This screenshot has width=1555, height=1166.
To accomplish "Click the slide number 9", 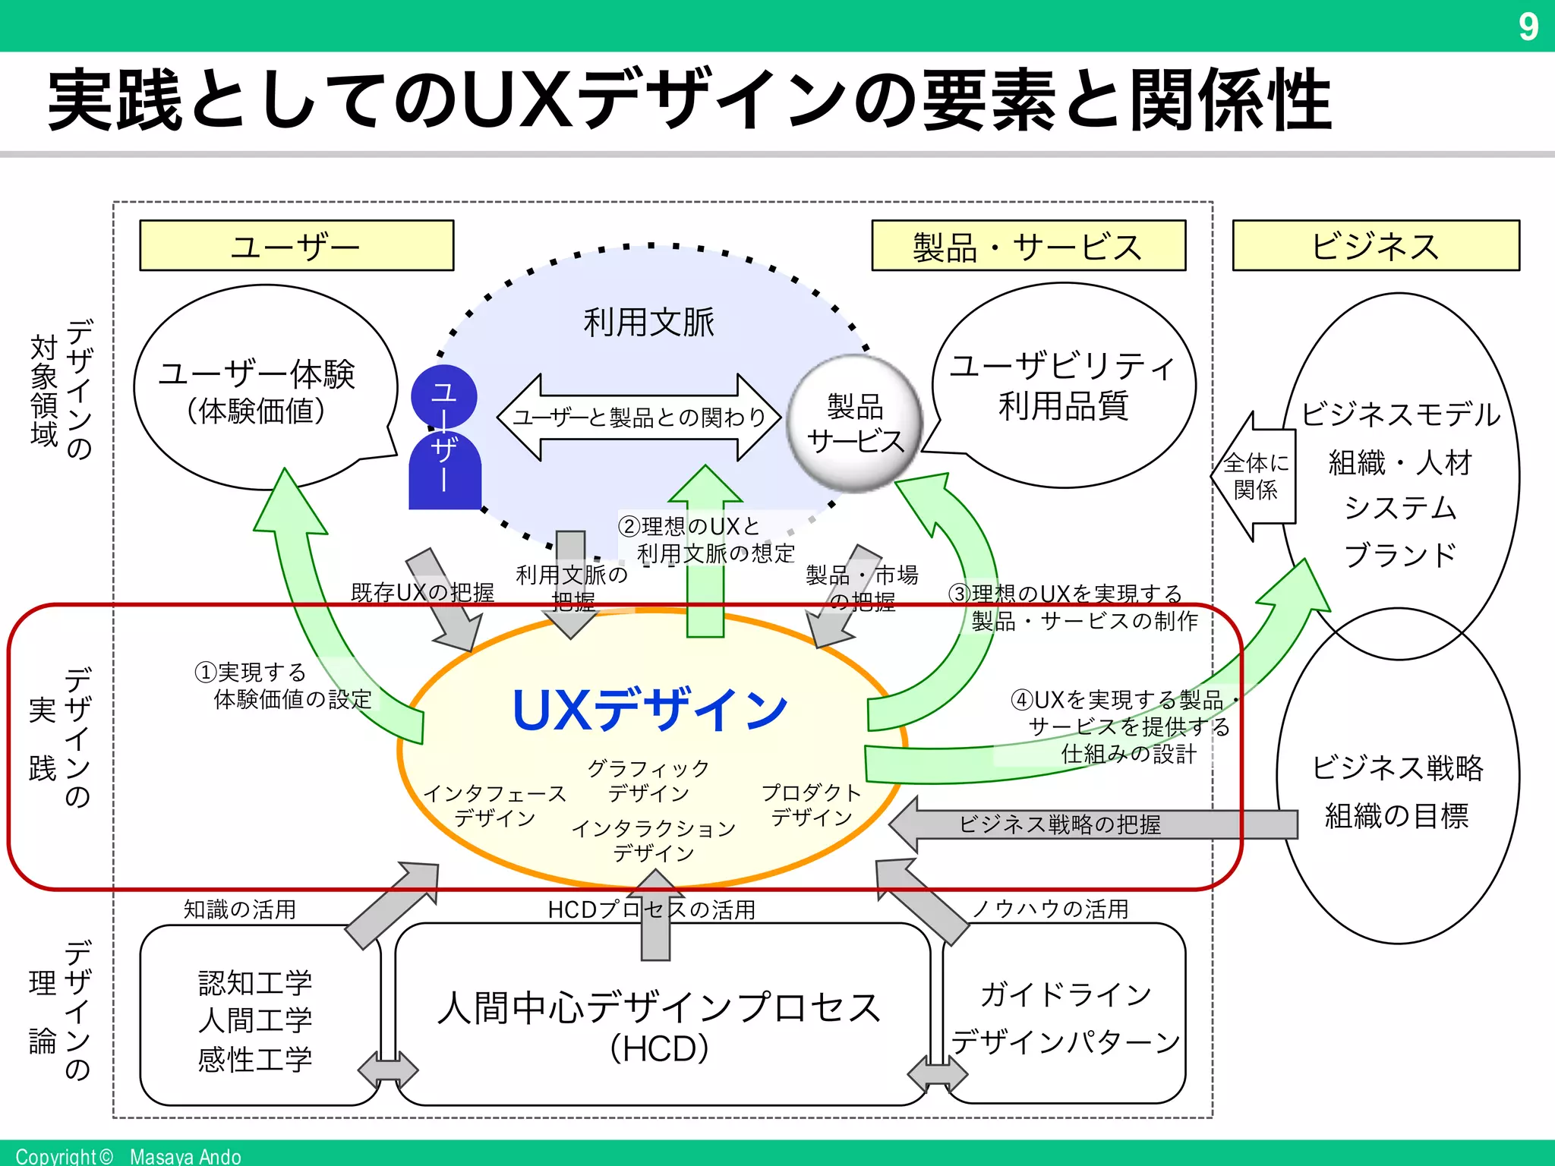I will click(x=1528, y=27).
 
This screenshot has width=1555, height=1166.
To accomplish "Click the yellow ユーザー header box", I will click(x=296, y=246).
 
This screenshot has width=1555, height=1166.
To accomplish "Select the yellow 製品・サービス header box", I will click(x=1028, y=246).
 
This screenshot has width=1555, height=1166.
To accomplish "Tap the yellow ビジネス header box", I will click(x=1375, y=246).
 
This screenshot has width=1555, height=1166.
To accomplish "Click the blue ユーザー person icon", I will click(x=445, y=440).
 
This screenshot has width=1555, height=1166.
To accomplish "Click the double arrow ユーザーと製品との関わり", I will click(x=639, y=417).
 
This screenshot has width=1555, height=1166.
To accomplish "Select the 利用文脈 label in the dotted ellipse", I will click(x=648, y=323).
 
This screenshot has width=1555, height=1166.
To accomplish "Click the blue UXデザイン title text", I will click(x=650, y=711).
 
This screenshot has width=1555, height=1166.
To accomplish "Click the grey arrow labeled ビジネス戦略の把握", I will click(x=1060, y=824).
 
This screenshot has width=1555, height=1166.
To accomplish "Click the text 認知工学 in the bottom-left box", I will click(x=255, y=983).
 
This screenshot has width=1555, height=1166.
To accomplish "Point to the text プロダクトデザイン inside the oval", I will click(x=811, y=805).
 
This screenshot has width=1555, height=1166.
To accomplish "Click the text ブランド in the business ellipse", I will click(x=1400, y=555).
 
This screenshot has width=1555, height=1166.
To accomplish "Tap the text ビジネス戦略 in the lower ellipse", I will click(x=1397, y=767).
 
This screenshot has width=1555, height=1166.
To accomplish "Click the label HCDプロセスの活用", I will click(x=651, y=909).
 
